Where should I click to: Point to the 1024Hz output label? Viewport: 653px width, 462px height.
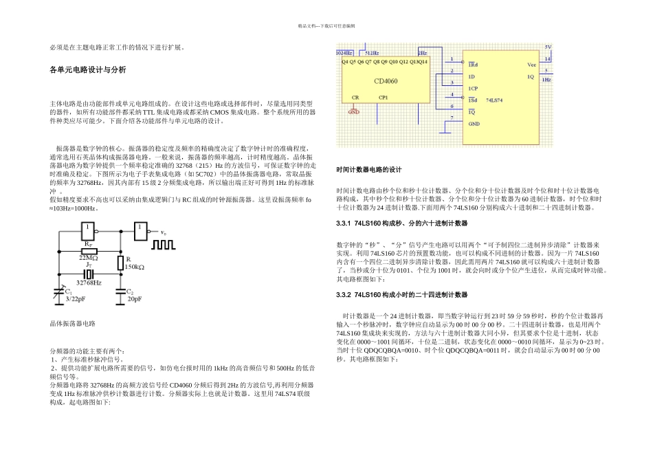pos(344,52)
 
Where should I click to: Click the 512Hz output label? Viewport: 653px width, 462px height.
pos(371,52)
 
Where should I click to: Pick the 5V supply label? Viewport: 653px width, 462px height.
pos(547,47)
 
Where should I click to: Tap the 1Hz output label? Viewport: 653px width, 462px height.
pos(546,80)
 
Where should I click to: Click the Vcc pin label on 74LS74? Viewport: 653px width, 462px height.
pos(531,64)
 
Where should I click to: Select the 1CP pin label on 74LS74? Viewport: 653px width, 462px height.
pos(473,88)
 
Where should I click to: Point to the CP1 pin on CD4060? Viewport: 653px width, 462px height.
pos(384,98)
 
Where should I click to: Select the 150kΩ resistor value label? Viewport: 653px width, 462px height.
pos(134,266)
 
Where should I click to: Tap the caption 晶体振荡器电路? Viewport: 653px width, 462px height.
pos(72,322)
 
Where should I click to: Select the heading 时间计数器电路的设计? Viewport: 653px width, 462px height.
pos(368,170)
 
